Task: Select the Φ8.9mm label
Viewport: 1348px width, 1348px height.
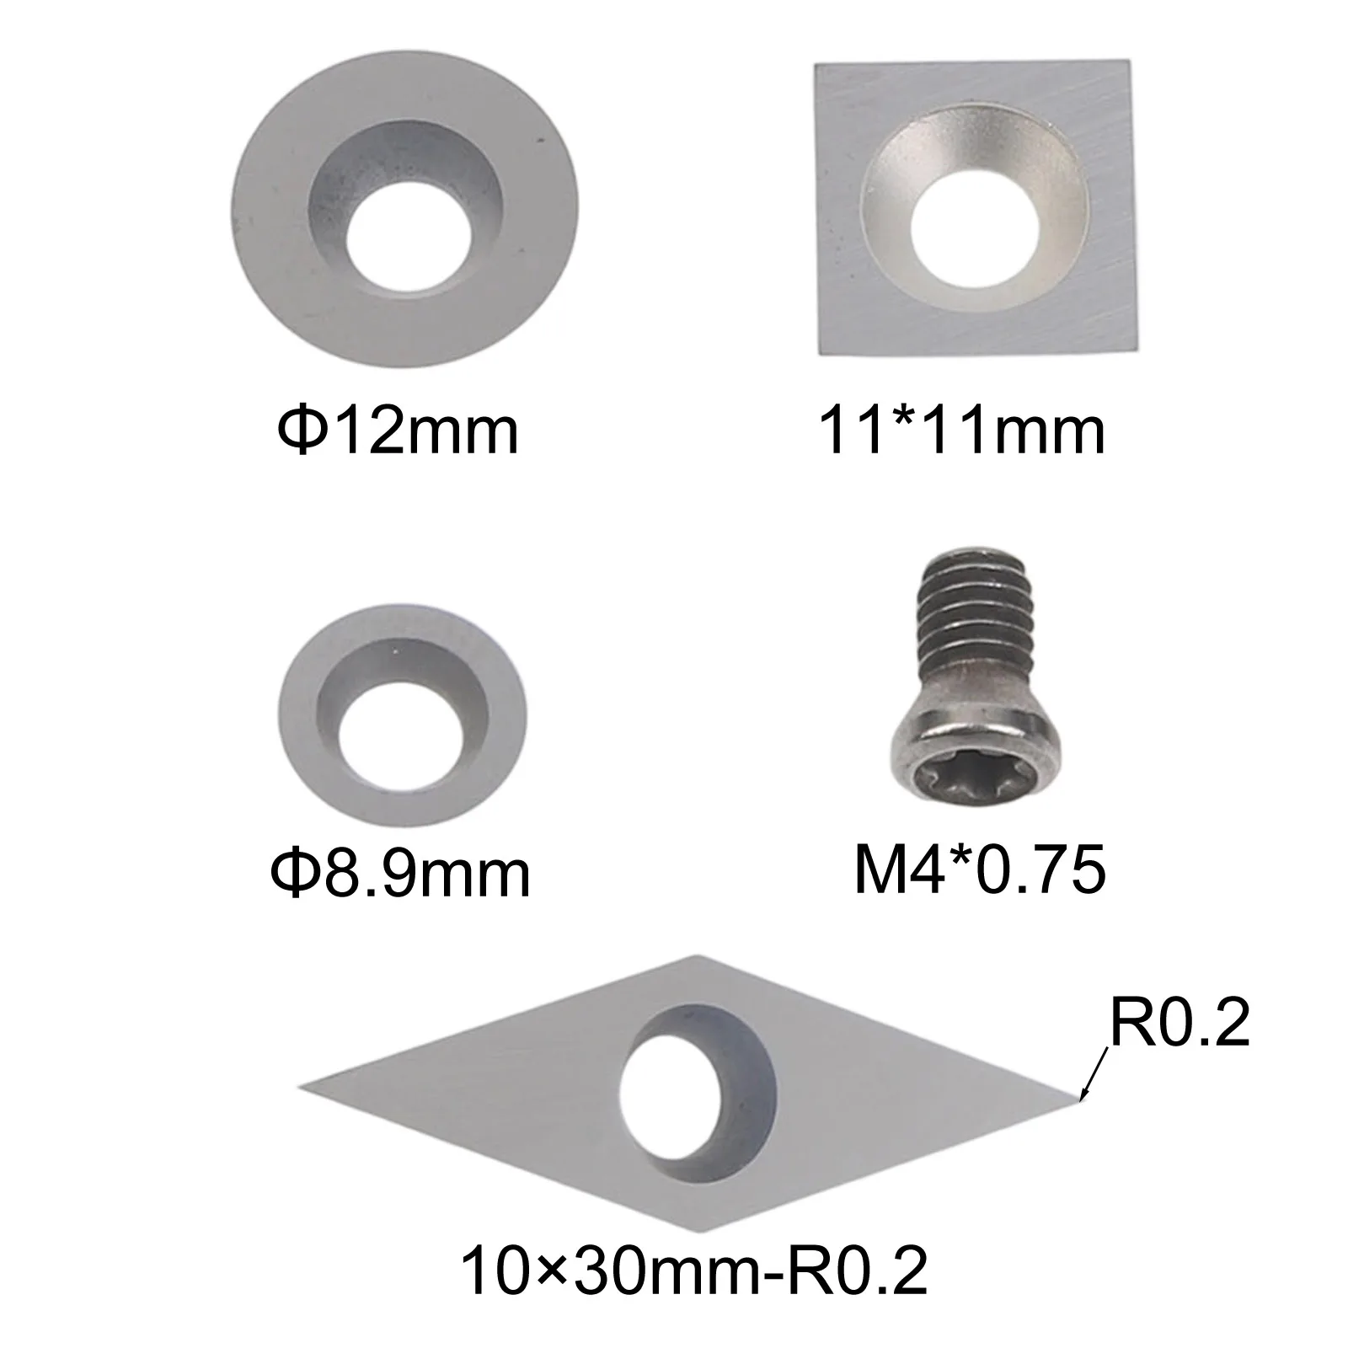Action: tap(400, 873)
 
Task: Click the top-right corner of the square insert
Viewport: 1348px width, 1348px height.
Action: tap(1126, 62)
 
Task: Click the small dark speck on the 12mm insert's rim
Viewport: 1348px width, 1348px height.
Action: tap(534, 134)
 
